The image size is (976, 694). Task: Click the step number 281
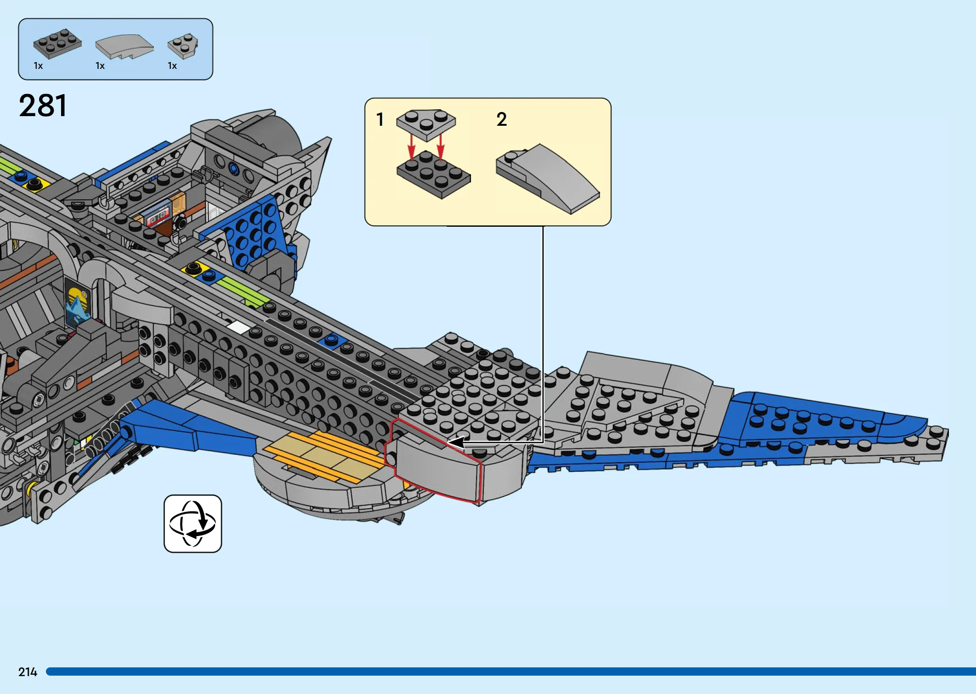pyautogui.click(x=43, y=106)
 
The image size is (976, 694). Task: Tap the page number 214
pyautogui.click(x=28, y=672)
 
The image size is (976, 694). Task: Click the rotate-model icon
pyautogui.click(x=193, y=524)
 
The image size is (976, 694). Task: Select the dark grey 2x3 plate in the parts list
pyautogui.click(x=57, y=44)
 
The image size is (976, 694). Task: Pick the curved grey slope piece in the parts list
pyautogui.click(x=124, y=46)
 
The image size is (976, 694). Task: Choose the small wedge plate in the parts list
pyautogui.click(x=183, y=46)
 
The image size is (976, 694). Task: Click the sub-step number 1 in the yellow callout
pyautogui.click(x=380, y=119)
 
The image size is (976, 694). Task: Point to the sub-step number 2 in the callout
pyautogui.click(x=502, y=119)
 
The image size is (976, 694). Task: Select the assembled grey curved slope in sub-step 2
pyautogui.click(x=548, y=179)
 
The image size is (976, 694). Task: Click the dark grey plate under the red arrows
pyautogui.click(x=434, y=175)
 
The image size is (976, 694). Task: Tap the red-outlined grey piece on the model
pyautogui.click(x=434, y=460)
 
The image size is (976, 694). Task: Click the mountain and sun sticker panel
pyautogui.click(x=78, y=303)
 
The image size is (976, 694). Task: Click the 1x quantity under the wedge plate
pyautogui.click(x=172, y=66)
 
